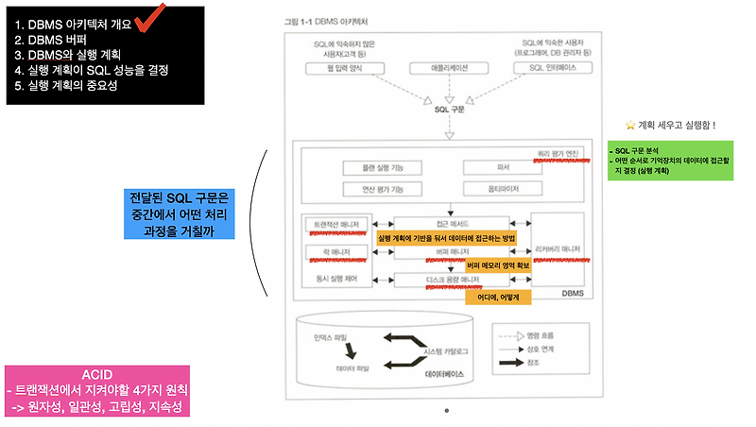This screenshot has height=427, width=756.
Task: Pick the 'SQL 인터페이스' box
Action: (549, 69)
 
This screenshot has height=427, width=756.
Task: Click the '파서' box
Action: (502, 167)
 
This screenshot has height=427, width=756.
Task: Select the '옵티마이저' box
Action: (502, 189)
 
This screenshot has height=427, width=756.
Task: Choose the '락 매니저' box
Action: (329, 252)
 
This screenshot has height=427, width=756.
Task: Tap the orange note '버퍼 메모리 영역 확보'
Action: (499, 267)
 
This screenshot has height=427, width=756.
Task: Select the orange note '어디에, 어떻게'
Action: (499, 297)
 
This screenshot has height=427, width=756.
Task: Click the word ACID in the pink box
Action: (97, 375)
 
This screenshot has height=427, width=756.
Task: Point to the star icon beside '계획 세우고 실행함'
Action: (630, 124)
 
